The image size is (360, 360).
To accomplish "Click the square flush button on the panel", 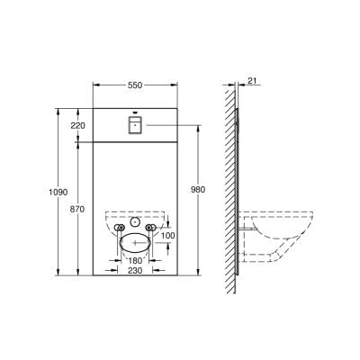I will [135, 123].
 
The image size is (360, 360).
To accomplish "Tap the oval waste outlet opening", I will [135, 241].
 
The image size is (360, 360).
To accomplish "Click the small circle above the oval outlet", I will [135, 222].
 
